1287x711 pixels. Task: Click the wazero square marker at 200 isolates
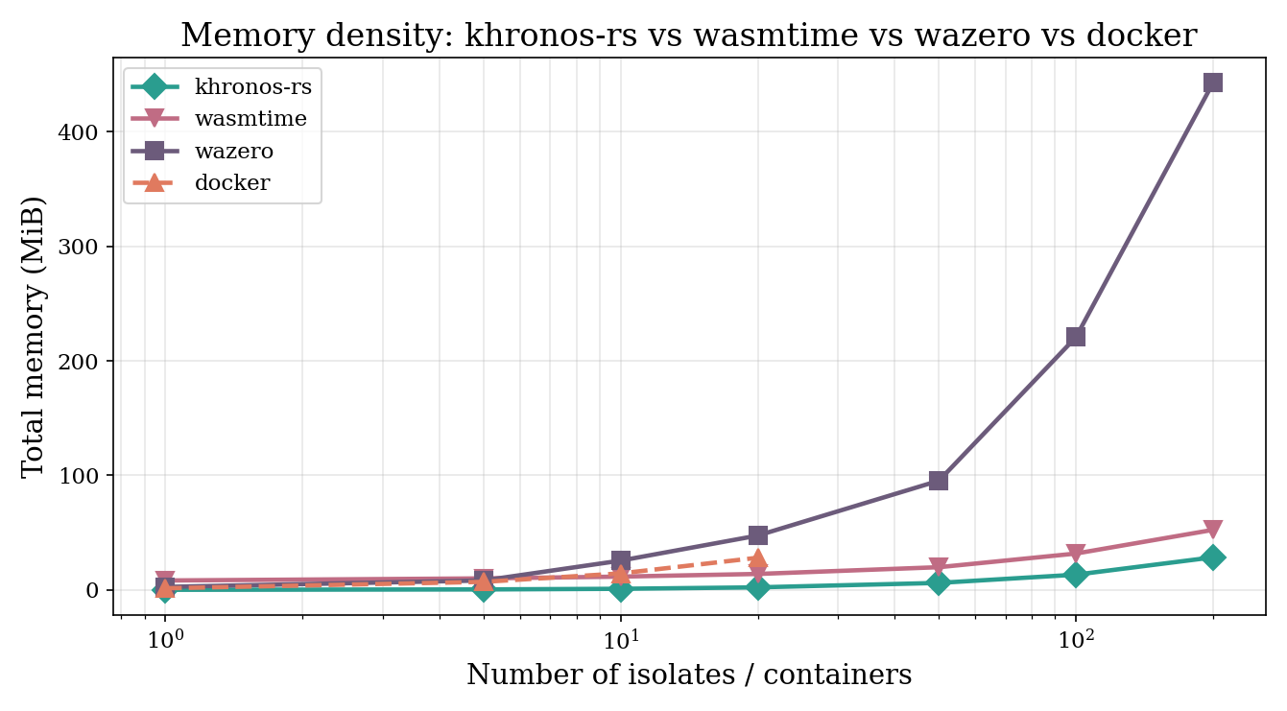pos(1213,83)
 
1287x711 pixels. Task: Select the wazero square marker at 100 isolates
pos(1076,337)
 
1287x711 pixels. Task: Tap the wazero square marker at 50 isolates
pos(939,481)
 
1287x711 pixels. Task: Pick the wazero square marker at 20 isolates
pos(758,535)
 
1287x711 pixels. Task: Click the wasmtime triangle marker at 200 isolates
pos(1213,530)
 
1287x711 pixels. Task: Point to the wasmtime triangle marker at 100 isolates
pos(1076,554)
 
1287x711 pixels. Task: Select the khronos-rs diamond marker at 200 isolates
pos(1213,557)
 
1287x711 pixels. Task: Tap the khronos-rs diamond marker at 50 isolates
pos(939,583)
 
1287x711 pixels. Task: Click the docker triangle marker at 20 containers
pos(758,558)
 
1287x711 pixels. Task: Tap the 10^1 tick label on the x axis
pos(621,638)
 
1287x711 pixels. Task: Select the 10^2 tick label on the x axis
pos(1076,638)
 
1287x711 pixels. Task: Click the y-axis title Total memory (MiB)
pos(34,335)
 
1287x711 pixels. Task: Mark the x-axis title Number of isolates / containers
pos(688,675)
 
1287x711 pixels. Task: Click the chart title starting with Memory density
pos(688,36)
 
